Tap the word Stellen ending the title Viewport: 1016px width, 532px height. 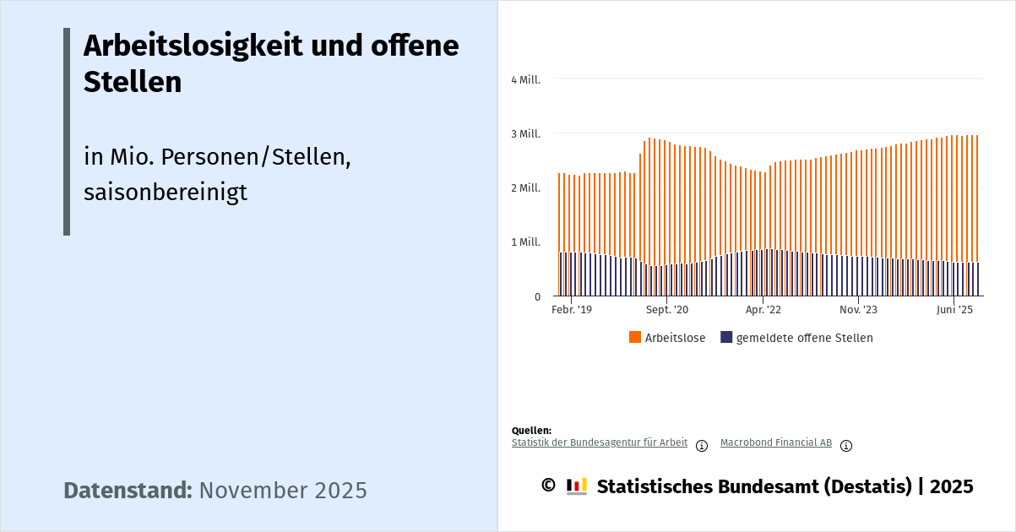(x=133, y=83)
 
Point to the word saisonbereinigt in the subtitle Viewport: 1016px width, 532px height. (x=166, y=192)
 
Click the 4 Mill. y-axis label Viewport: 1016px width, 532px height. (x=525, y=79)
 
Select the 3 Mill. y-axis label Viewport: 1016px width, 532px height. (x=525, y=133)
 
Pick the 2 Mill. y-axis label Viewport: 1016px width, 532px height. (x=525, y=187)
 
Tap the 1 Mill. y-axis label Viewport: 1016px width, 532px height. (x=525, y=242)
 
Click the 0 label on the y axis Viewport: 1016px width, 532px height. (x=537, y=296)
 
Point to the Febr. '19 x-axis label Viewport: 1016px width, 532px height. (x=572, y=310)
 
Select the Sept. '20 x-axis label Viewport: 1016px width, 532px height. (x=667, y=310)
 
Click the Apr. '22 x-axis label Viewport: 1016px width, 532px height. (x=763, y=310)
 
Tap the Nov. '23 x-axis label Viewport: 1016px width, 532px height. (x=858, y=310)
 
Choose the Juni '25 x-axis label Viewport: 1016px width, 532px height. (x=954, y=310)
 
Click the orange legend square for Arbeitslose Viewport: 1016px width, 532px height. (x=635, y=338)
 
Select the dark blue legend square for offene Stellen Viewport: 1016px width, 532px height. (x=726, y=338)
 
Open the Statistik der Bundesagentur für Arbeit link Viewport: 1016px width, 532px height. (x=600, y=442)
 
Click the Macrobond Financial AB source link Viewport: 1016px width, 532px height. (x=776, y=442)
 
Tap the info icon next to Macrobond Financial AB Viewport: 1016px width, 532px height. (x=846, y=446)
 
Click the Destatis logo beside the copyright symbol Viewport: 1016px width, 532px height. (x=577, y=486)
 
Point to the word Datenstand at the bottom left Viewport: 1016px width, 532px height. (x=128, y=491)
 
